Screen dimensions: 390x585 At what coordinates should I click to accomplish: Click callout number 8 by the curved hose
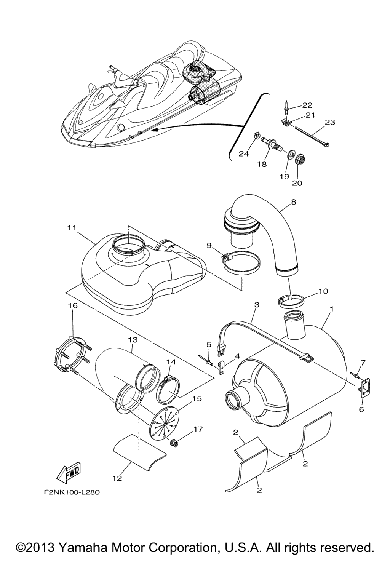pos(293,202)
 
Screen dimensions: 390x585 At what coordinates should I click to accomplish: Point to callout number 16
pos(73,306)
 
